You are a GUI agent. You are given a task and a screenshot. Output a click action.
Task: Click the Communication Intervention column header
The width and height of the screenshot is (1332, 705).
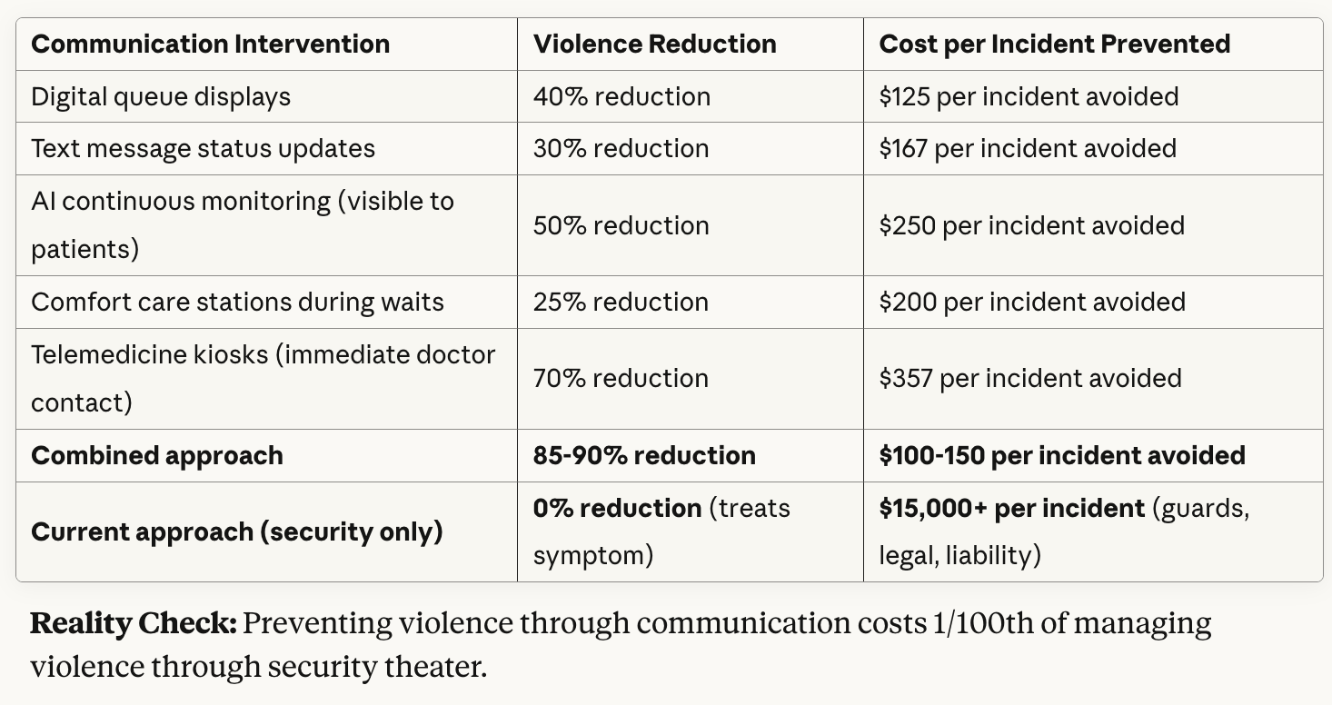tap(210, 44)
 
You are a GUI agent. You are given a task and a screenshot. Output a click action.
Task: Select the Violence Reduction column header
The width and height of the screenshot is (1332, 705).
tap(654, 44)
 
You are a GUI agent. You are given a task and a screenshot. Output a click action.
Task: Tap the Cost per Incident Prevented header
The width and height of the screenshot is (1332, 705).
tap(1054, 44)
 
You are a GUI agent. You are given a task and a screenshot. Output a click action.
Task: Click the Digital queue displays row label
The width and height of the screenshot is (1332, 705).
tap(161, 96)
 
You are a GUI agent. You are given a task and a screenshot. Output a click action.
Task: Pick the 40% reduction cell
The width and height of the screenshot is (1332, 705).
tap(621, 96)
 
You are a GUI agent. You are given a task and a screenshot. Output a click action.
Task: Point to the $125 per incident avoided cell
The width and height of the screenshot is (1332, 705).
tap(1029, 96)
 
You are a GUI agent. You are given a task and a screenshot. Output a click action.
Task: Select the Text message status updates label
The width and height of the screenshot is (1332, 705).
tap(203, 148)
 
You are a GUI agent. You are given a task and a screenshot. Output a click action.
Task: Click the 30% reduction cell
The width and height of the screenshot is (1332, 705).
tap(621, 148)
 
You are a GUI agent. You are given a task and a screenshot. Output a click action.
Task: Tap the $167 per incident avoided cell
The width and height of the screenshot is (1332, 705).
tap(1028, 148)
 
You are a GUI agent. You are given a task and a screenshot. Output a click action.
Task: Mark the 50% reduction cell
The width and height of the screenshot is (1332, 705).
tap(621, 225)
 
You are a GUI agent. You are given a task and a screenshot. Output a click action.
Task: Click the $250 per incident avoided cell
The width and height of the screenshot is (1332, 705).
tap(1031, 225)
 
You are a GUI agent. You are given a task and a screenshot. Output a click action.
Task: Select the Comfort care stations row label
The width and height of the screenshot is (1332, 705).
tap(237, 302)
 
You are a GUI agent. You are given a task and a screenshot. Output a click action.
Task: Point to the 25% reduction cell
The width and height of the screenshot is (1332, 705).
tap(621, 302)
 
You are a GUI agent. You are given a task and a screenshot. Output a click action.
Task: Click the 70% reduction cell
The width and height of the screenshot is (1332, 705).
tap(621, 378)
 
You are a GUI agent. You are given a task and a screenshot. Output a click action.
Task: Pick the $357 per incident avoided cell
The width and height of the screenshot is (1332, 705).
tap(1030, 378)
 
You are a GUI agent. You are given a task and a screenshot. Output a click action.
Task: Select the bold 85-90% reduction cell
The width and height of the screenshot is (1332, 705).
tap(644, 455)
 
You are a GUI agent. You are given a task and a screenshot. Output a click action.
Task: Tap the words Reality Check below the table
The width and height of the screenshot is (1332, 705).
tap(134, 624)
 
